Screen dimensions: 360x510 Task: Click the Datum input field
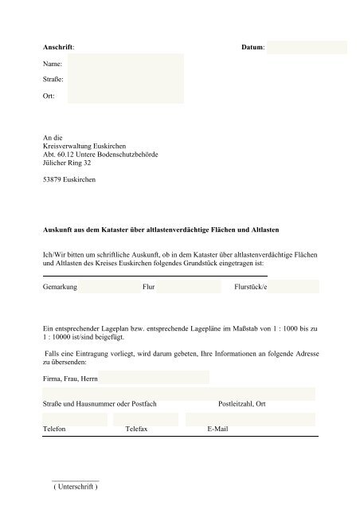tap(307, 47)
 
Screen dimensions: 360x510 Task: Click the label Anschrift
tap(59, 47)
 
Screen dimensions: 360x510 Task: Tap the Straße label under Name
tap(54, 80)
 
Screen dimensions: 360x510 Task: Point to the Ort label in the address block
tap(49, 96)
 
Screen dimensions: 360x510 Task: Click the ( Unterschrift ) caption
tap(75, 487)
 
